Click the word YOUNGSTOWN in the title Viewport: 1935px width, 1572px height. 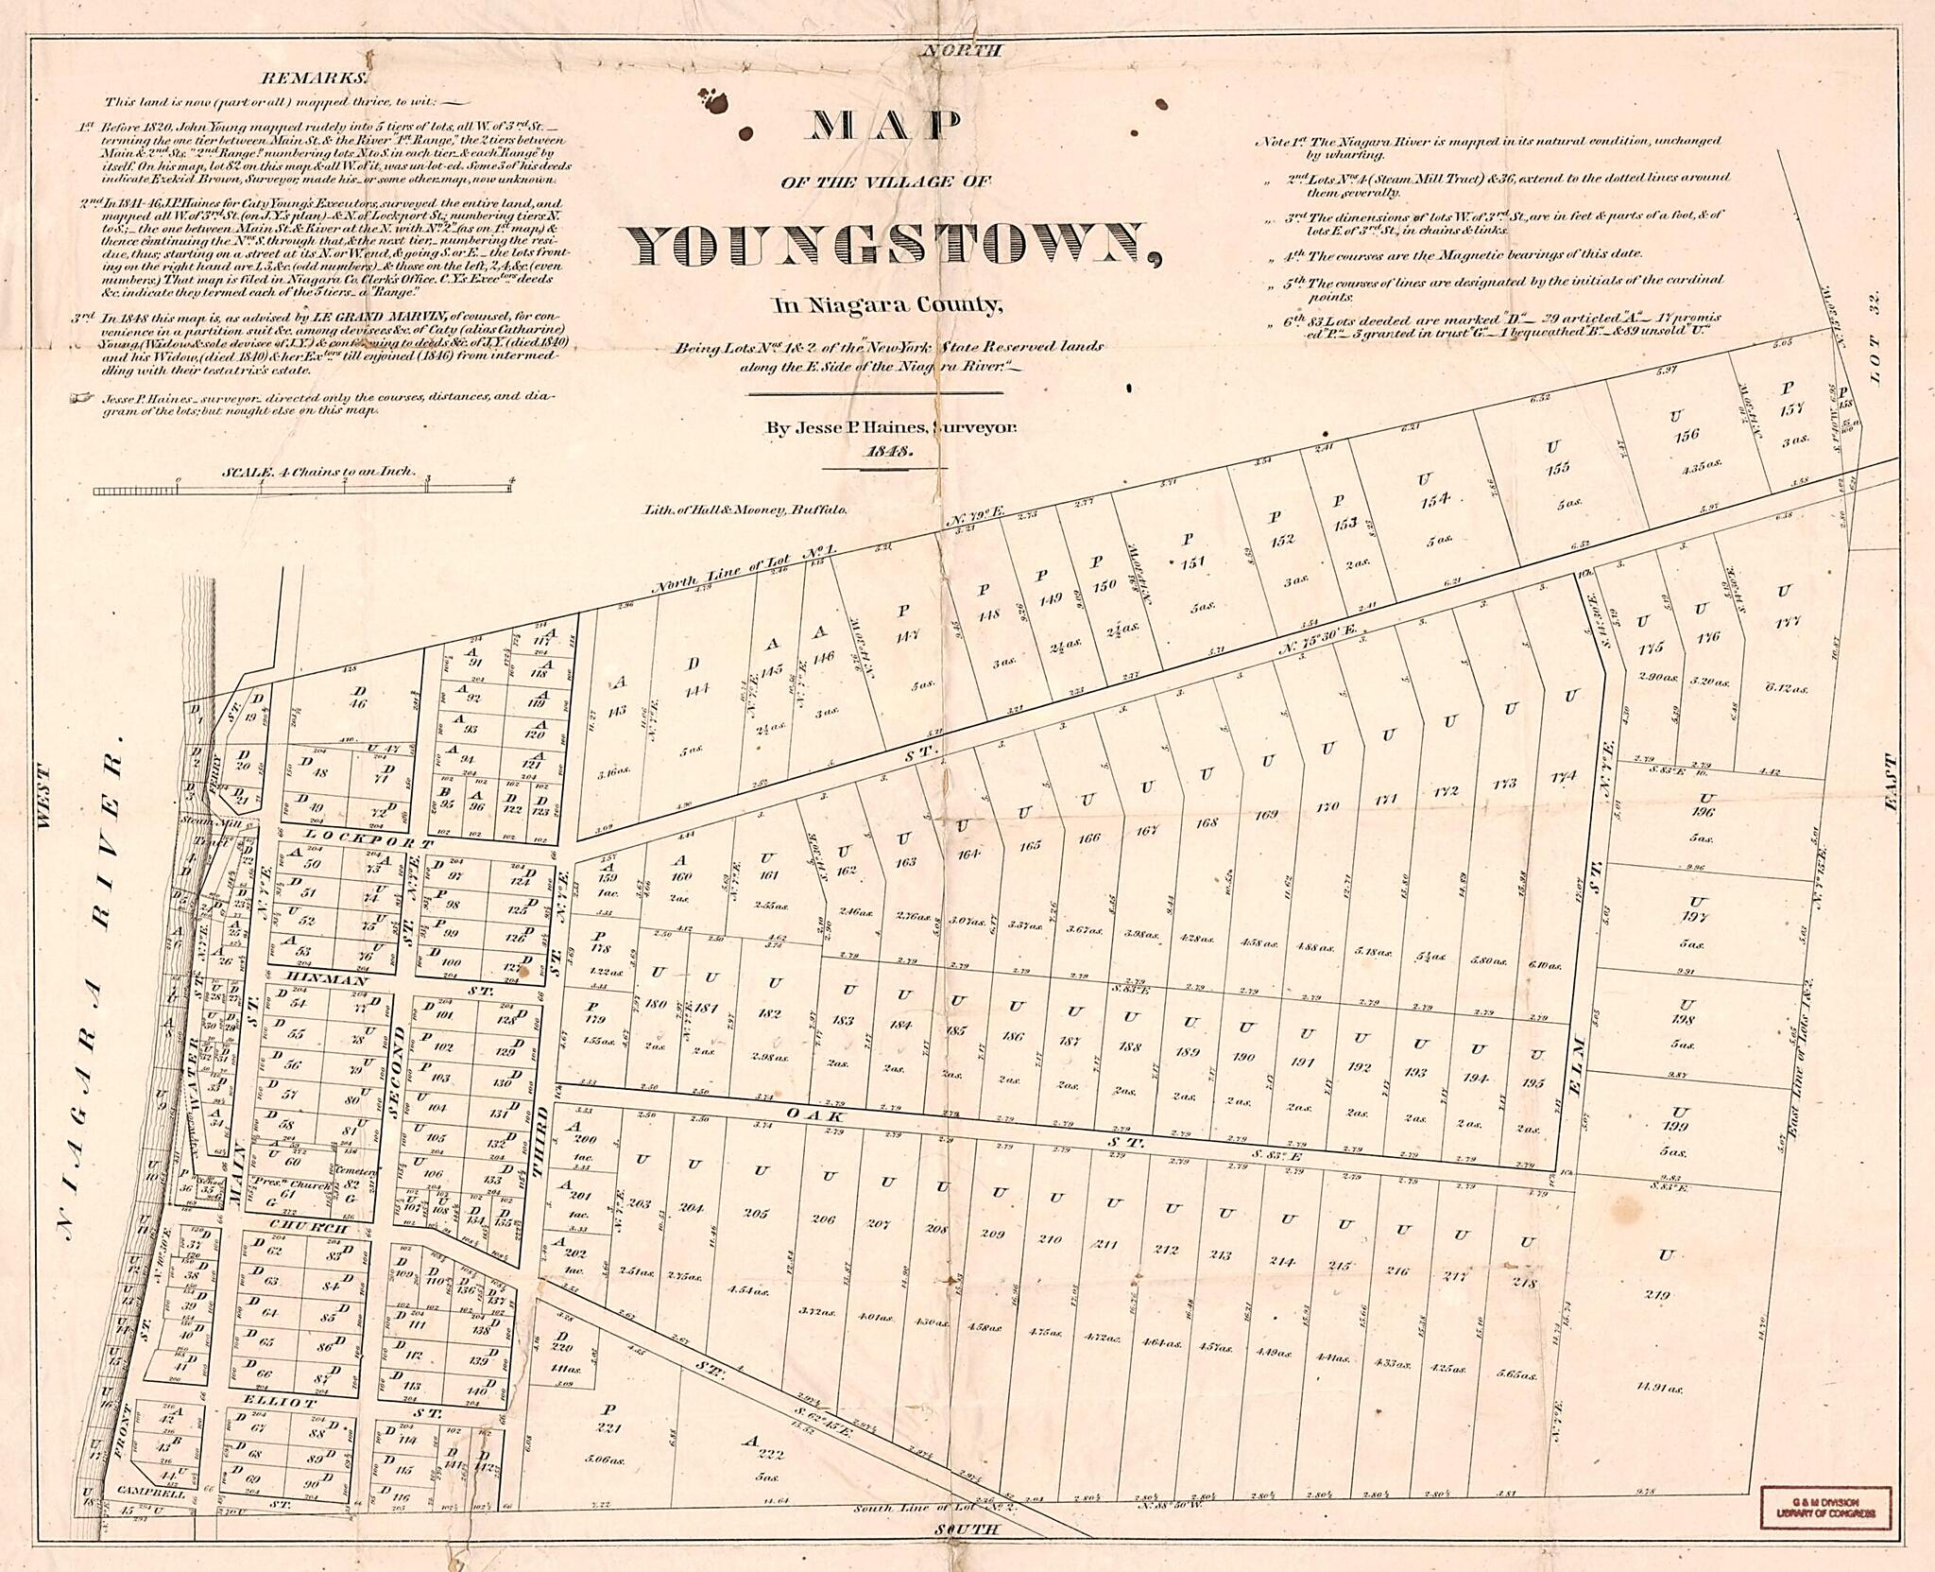tap(891, 246)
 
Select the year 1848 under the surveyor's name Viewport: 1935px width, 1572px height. tap(889, 452)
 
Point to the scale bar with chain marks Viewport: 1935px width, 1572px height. tap(303, 489)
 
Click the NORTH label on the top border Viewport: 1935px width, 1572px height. tap(961, 52)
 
